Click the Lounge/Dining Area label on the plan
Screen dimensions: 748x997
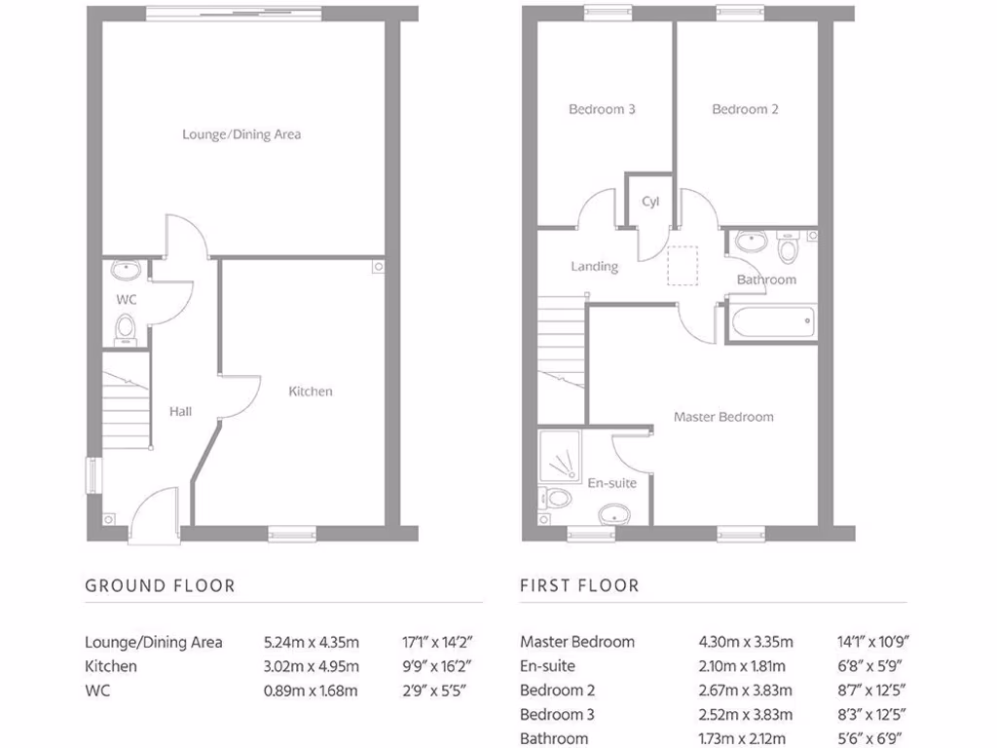[x=241, y=134]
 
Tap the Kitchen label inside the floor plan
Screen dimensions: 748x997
[x=311, y=392]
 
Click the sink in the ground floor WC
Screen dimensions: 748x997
[x=126, y=270]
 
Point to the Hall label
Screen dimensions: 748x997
[x=180, y=411]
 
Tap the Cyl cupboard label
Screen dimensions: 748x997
[x=650, y=202]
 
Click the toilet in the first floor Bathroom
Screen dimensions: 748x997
[x=789, y=248]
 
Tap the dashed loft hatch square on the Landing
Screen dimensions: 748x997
[x=683, y=266]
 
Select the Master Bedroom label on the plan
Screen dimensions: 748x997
[x=723, y=417]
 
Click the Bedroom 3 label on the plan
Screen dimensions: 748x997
[x=602, y=109]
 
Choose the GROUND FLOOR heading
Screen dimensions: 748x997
[x=160, y=585]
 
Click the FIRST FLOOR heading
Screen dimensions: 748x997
[x=579, y=585]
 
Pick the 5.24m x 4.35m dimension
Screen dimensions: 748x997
[x=312, y=642]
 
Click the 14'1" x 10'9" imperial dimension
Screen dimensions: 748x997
[x=872, y=642]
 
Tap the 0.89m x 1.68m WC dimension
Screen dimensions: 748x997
[x=312, y=691]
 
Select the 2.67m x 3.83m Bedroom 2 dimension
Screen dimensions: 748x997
[x=746, y=691]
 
